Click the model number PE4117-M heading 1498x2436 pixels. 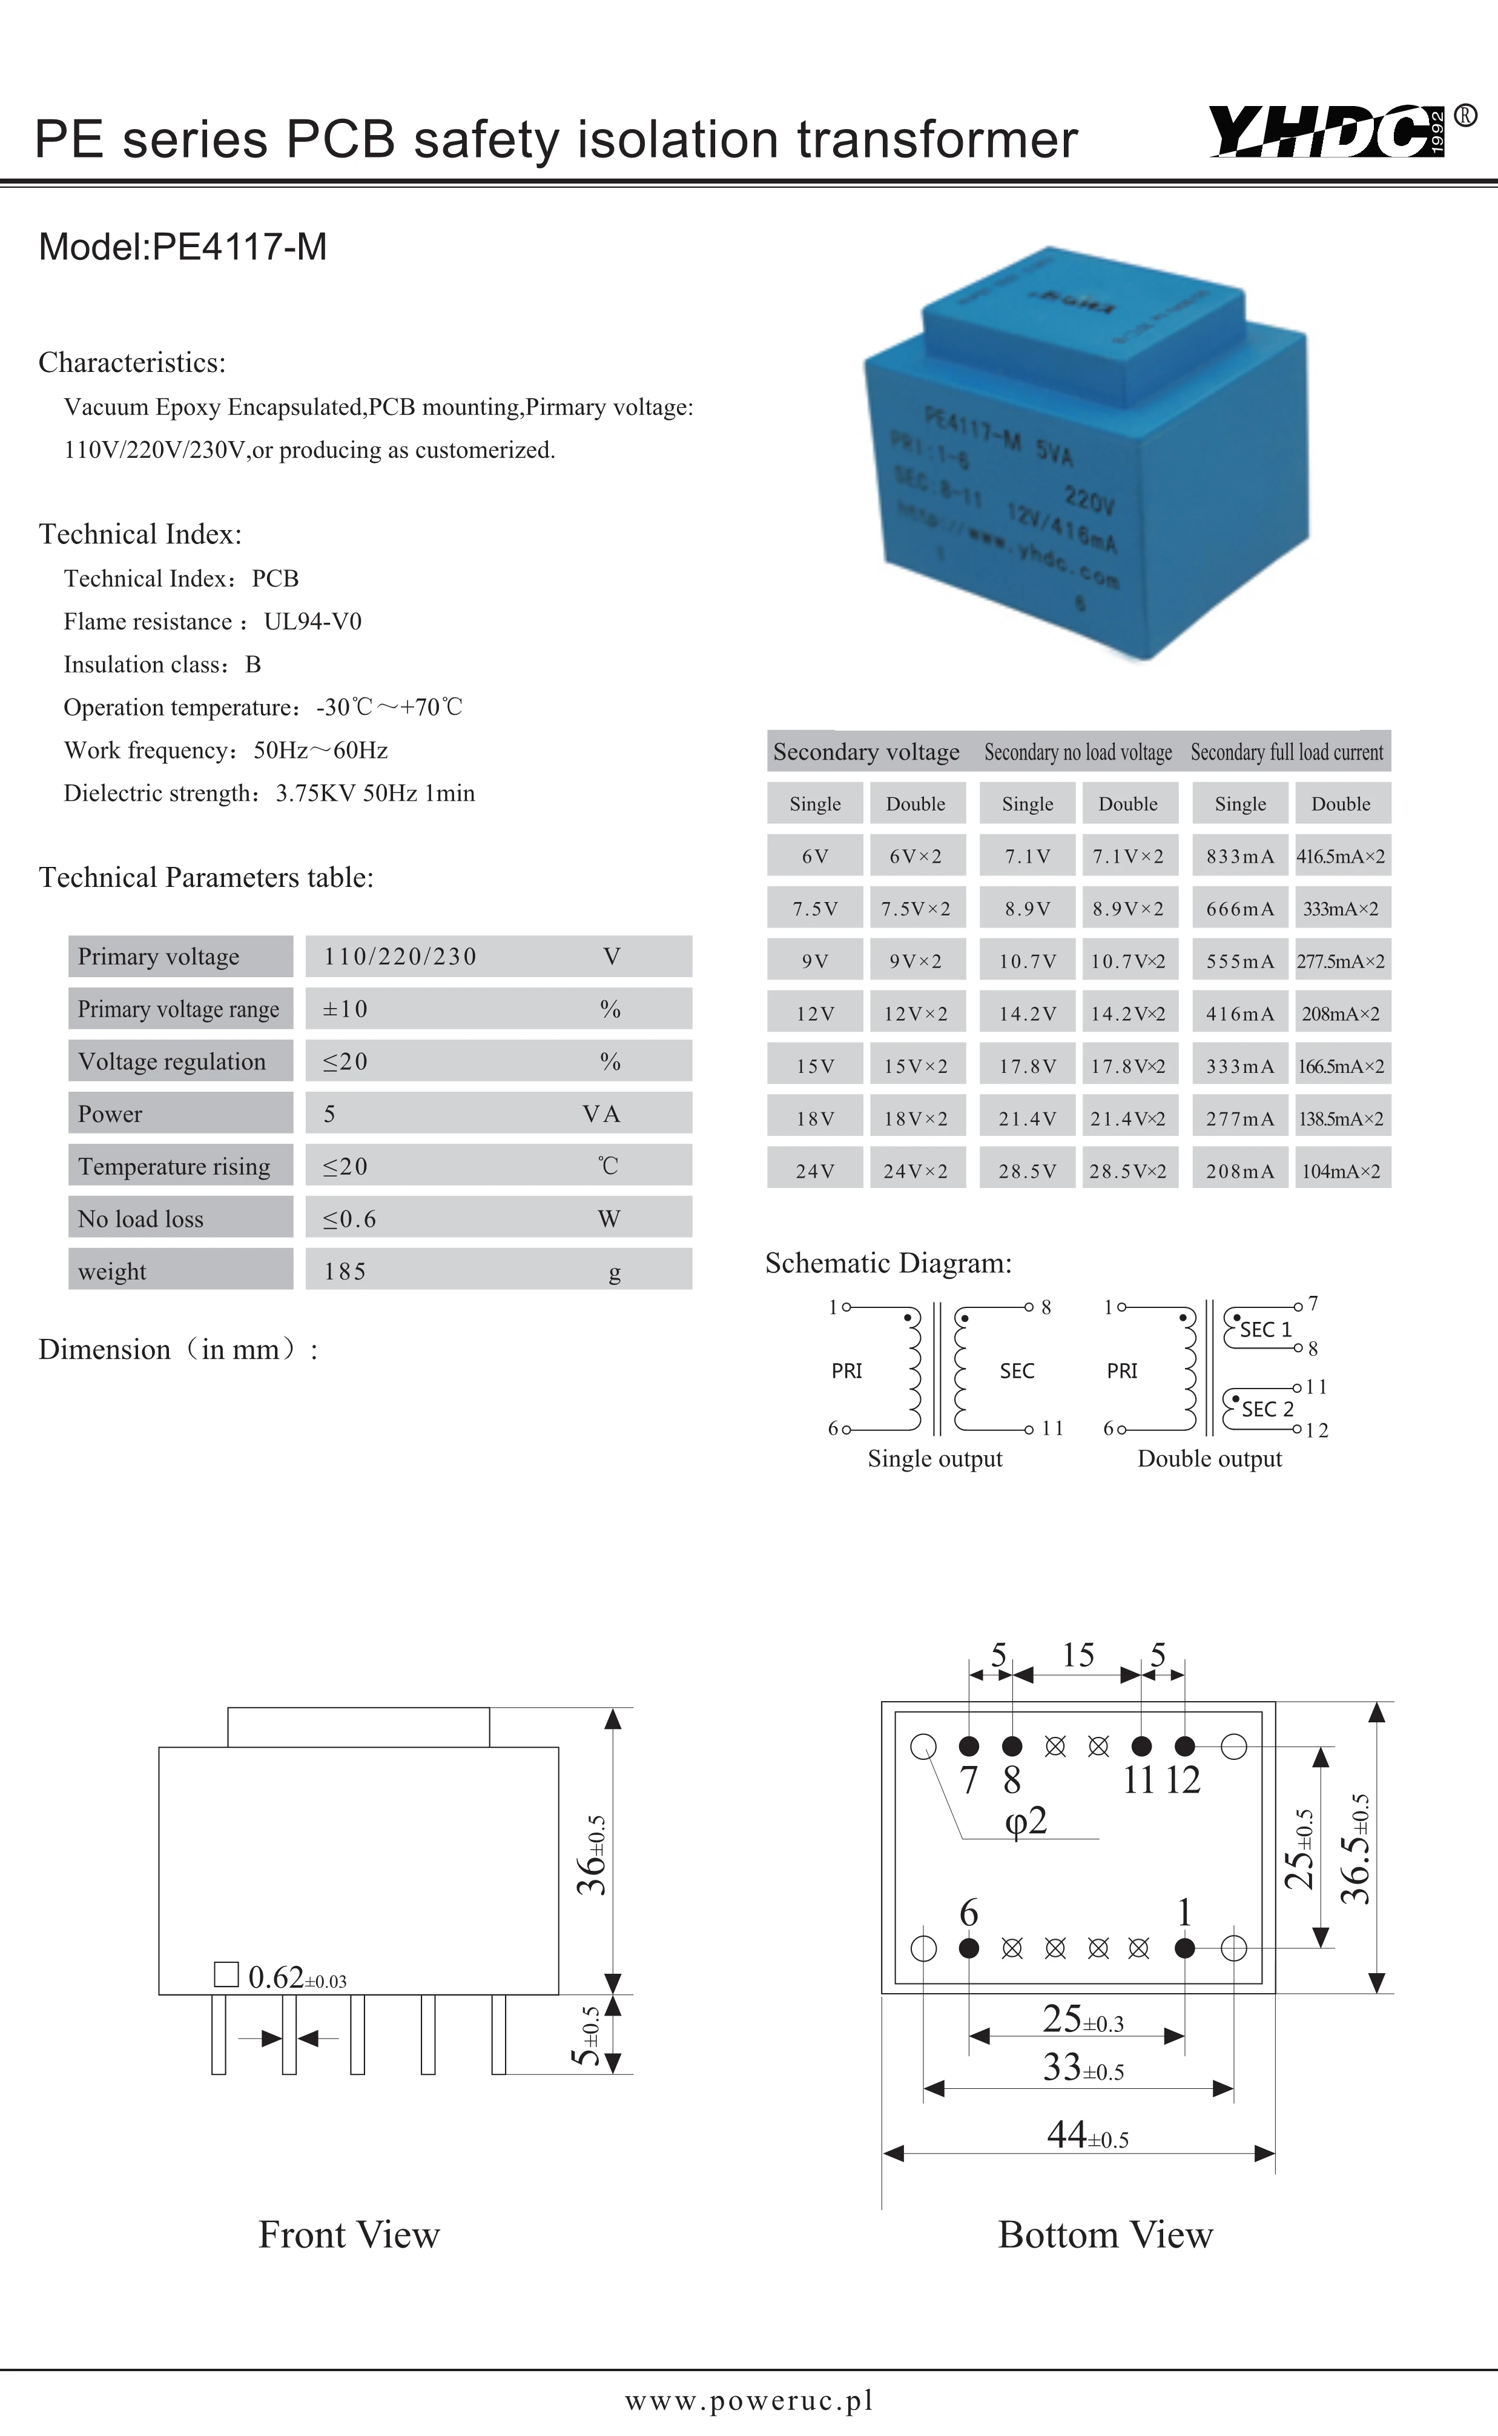coord(182,247)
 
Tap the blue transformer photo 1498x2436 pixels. coord(1086,450)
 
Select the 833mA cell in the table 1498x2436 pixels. coord(1239,856)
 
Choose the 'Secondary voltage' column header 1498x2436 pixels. coord(866,752)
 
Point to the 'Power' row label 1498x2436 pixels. coord(110,1114)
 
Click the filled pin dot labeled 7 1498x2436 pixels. coord(969,1746)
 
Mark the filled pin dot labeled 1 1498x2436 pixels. coord(1184,1948)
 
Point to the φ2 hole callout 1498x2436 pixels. coord(1026,1819)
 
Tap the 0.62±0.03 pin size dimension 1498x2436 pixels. coord(296,1977)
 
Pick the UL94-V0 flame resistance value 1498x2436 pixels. coord(312,622)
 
